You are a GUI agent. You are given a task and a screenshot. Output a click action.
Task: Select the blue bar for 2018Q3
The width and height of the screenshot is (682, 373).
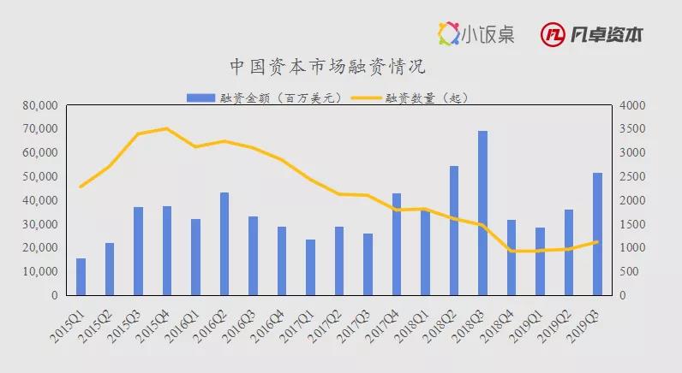(x=483, y=213)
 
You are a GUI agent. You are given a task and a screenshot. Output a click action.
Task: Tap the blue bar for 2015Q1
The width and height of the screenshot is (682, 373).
(x=81, y=276)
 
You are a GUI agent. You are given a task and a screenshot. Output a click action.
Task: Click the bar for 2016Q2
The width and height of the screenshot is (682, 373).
(x=224, y=244)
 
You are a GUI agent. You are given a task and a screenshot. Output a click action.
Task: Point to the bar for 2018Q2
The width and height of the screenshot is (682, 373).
(x=454, y=230)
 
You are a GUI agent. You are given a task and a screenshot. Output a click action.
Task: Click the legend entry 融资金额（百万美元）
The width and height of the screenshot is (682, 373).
(x=266, y=98)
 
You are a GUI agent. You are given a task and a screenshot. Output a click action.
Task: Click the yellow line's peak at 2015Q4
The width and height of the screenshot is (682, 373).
(x=167, y=129)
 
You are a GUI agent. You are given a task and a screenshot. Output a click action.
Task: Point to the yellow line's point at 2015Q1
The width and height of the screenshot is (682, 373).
(x=81, y=186)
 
